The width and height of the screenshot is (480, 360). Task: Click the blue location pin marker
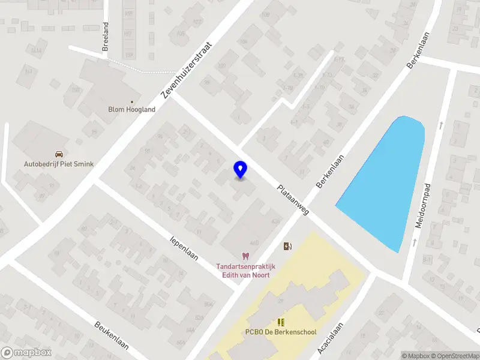coord(240,169)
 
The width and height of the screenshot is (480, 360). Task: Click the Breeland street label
coord(106,36)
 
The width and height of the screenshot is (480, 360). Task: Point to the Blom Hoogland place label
coord(131,110)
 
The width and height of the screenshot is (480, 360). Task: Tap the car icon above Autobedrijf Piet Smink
coord(59,154)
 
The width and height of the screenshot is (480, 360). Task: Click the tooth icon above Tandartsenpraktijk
coord(244,257)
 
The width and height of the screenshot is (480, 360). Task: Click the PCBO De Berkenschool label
coord(281,332)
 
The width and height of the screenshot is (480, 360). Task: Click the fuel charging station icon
coord(287,245)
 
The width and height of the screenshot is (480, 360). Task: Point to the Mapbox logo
coord(25,353)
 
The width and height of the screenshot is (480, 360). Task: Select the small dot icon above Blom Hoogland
coord(131,101)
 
